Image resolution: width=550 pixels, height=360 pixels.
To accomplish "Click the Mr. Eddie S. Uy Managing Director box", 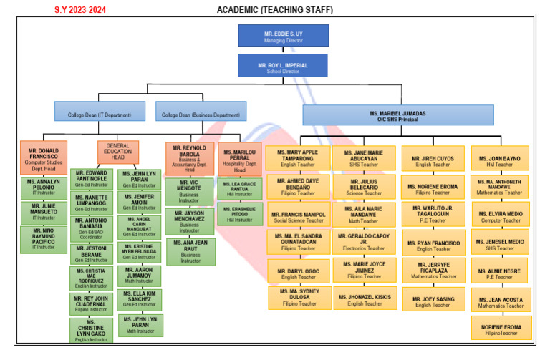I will (283, 35).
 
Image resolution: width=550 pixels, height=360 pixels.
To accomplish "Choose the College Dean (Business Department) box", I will (200, 111).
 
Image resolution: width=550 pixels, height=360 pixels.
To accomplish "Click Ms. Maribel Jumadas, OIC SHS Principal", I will (397, 115).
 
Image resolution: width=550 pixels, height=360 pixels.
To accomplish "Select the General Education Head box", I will (118, 152).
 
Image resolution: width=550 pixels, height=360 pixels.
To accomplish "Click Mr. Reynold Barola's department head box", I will (190, 158).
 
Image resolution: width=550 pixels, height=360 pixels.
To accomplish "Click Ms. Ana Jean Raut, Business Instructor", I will (190, 250).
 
